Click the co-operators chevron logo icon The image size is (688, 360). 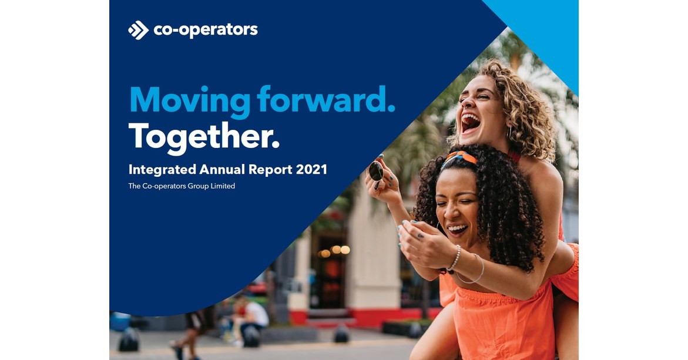tap(138, 30)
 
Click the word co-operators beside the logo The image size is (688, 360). tap(205, 30)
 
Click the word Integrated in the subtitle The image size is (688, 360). tap(162, 170)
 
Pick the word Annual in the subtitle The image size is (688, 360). tap(224, 170)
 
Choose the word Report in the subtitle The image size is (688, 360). tap(275, 170)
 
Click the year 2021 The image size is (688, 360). tap(312, 170)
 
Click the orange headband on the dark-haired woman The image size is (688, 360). tap(459, 157)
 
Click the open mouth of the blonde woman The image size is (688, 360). tap(471, 122)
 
